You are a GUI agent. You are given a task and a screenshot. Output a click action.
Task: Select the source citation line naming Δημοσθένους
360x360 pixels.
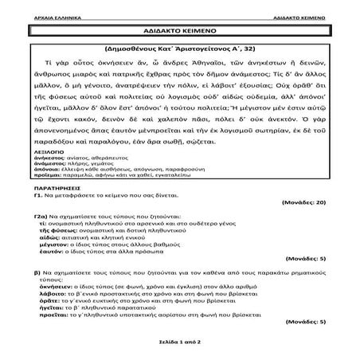tap(179, 49)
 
